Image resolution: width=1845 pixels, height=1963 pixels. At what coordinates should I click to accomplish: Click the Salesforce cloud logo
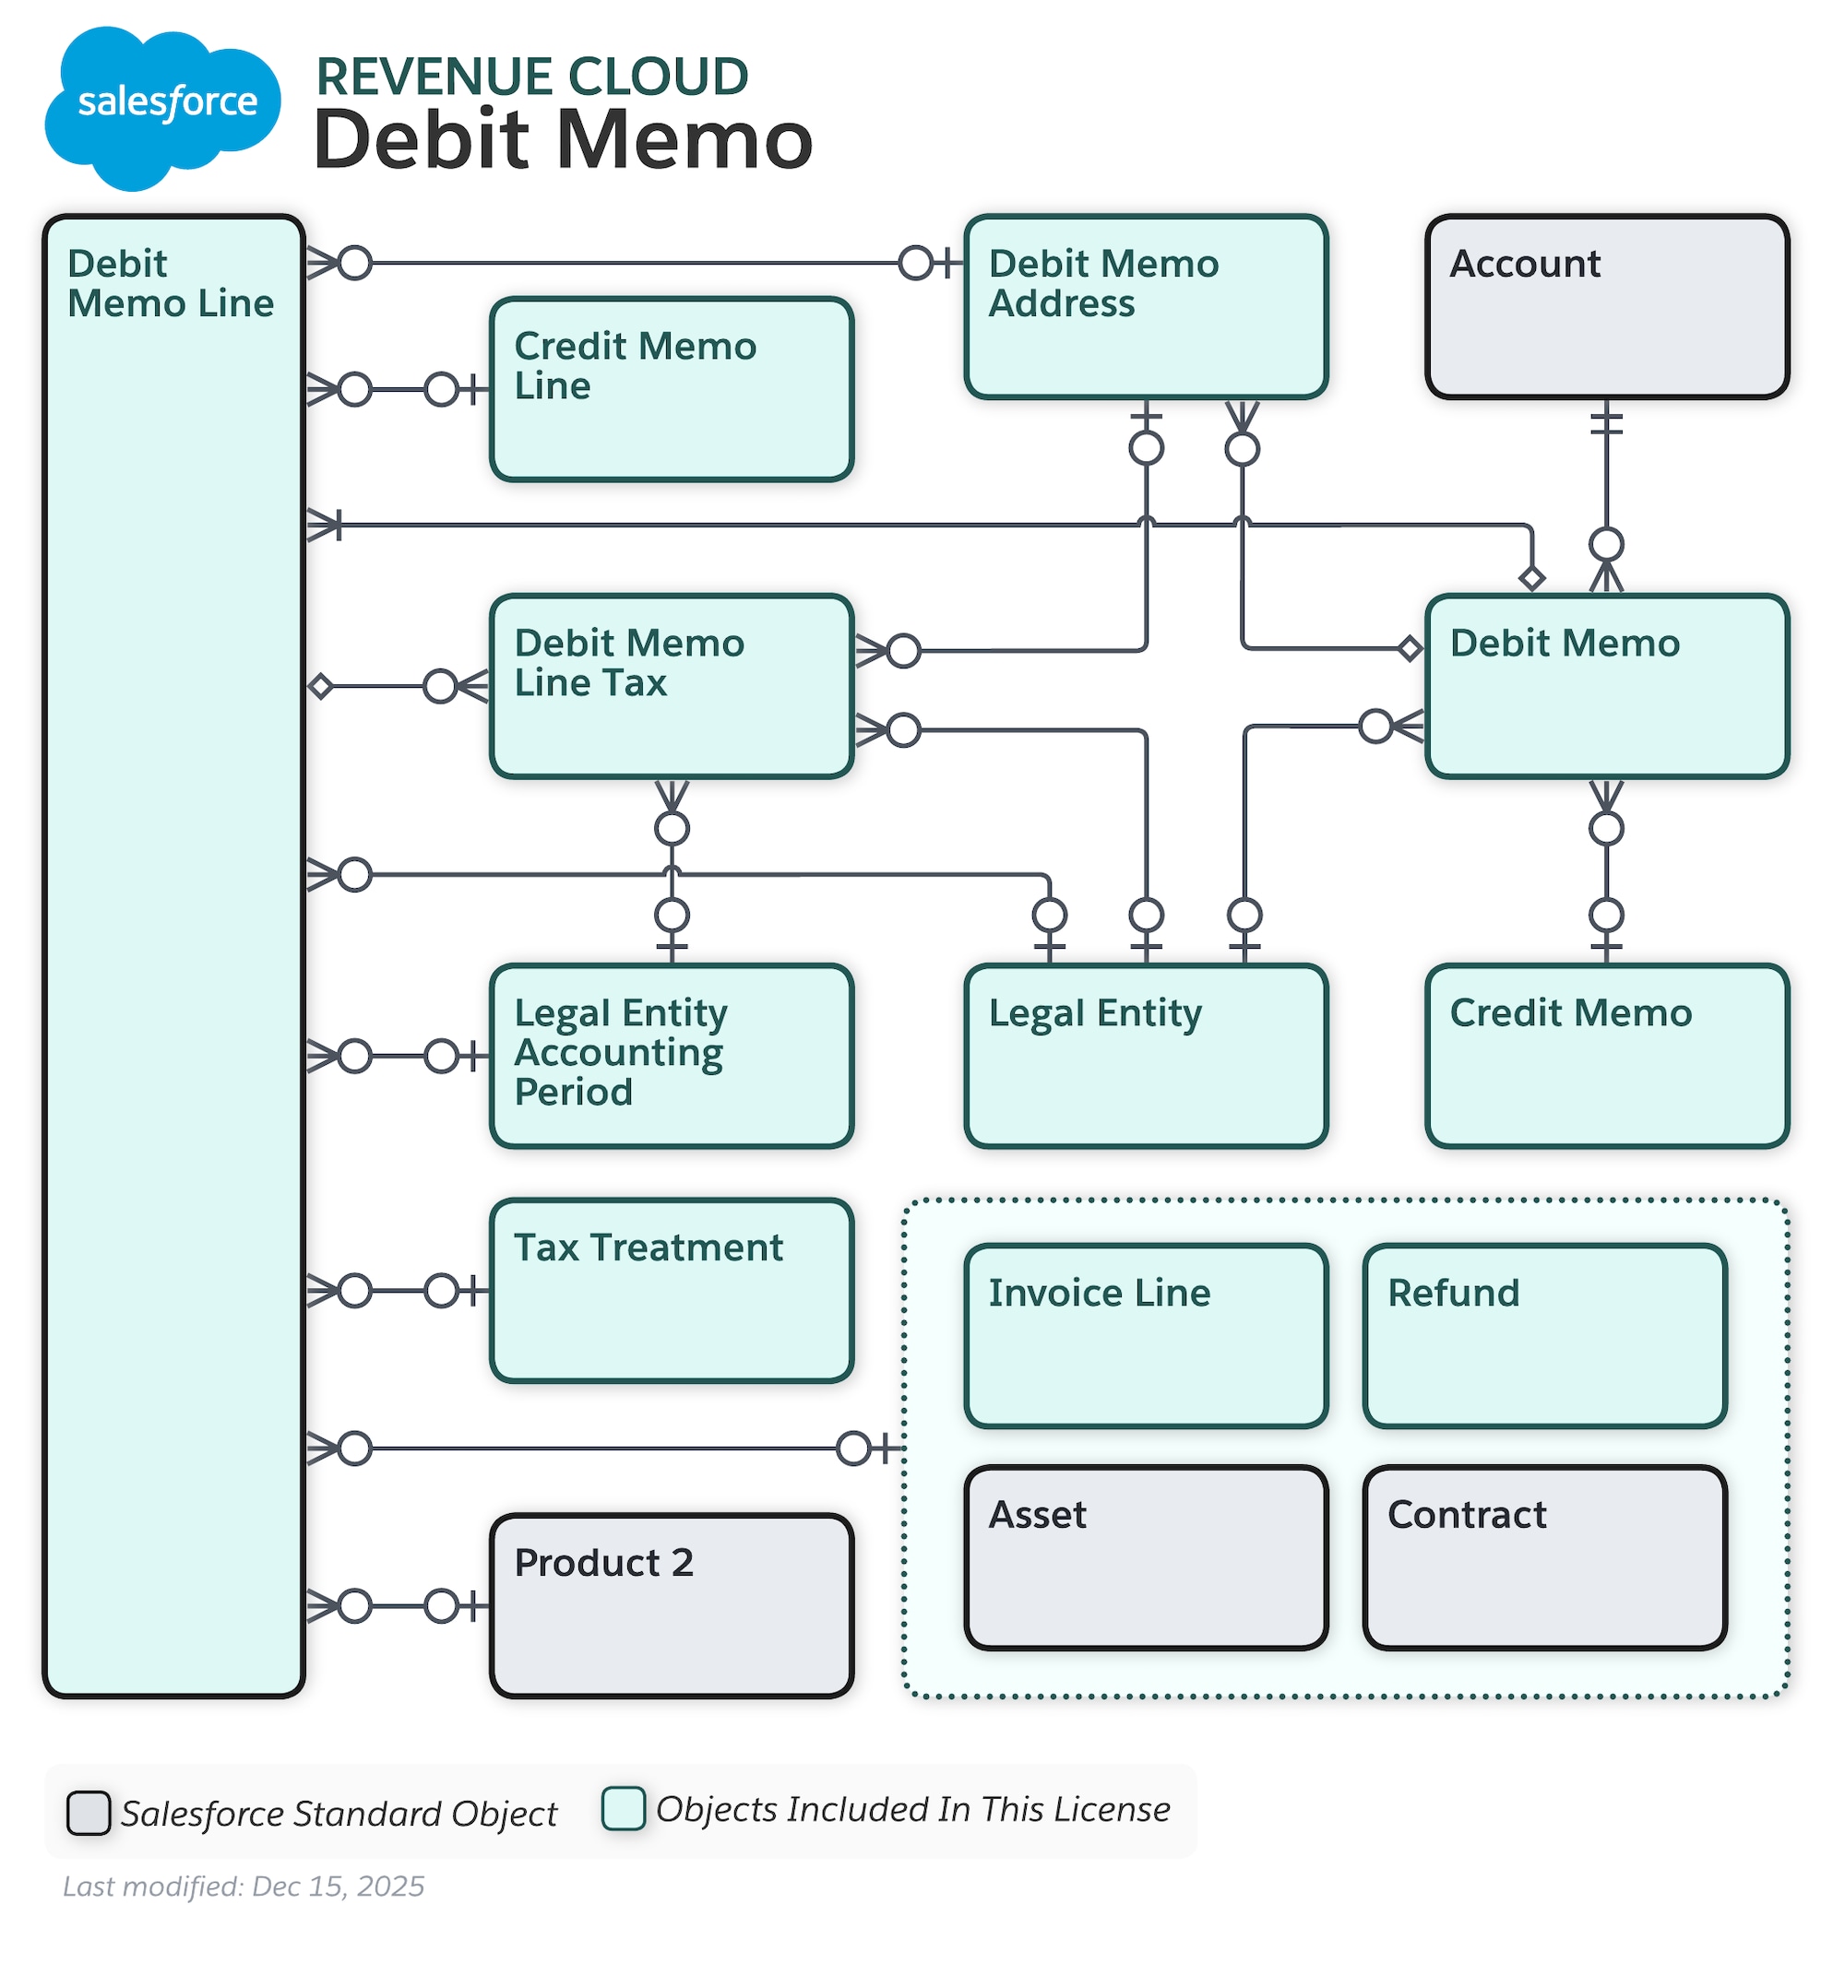[x=163, y=107]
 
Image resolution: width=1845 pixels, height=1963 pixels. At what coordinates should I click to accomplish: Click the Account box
[x=1606, y=307]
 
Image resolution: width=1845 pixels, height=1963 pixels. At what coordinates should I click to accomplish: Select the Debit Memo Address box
[x=1145, y=307]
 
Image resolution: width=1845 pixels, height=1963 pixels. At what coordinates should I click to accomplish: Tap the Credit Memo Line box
[x=671, y=389]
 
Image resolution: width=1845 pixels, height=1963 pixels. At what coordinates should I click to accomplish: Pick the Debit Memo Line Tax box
[x=671, y=686]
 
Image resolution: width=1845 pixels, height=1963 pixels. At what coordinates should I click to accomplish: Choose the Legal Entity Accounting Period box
[x=671, y=1056]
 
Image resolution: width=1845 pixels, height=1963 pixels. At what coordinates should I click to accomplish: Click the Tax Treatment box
[x=671, y=1290]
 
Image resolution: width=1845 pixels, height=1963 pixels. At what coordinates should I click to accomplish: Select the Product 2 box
[x=671, y=1604]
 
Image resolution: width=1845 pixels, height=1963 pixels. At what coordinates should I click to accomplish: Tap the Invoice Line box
[x=1145, y=1335]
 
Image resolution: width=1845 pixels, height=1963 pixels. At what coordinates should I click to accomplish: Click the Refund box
[x=1543, y=1335]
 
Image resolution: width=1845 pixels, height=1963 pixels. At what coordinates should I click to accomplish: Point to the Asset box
[x=1145, y=1557]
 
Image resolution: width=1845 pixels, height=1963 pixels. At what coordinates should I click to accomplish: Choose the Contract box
[x=1543, y=1557]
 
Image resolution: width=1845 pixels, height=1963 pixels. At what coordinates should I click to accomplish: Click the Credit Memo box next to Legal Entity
[x=1606, y=1056]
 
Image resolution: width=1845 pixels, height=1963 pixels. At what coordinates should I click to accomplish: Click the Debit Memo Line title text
[x=170, y=283]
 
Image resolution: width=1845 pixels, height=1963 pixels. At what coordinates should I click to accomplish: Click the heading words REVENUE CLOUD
[x=531, y=77]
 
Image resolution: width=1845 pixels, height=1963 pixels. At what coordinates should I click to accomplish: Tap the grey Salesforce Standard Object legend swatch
[x=88, y=1812]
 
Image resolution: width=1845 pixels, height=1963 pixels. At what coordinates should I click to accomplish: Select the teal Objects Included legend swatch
[x=624, y=1808]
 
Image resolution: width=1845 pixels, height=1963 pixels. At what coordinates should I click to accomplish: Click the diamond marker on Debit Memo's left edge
[x=1410, y=649]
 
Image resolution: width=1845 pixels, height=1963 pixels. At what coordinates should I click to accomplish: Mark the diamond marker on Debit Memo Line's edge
[x=320, y=686]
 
